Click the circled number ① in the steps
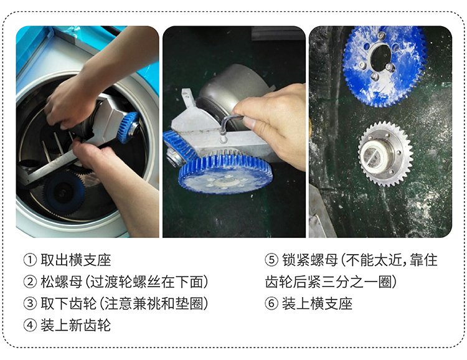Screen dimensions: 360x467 click(30, 260)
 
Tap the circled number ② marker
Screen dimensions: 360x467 click(30, 282)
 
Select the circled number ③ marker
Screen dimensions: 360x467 click(30, 303)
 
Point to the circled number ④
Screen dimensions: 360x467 click(30, 325)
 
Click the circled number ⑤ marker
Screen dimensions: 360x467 click(271, 260)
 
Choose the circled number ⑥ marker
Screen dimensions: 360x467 click(271, 303)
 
